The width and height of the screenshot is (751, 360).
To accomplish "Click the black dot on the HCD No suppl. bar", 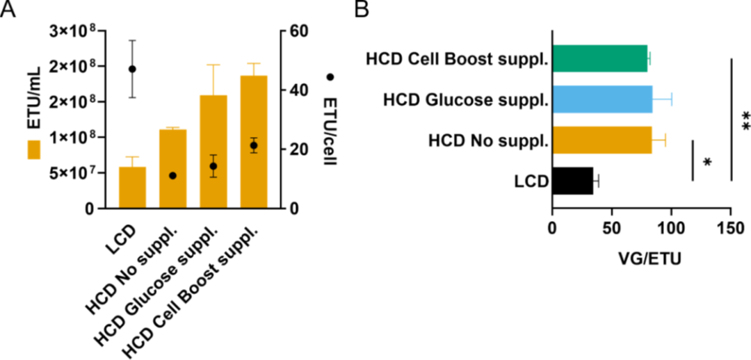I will pyautogui.click(x=172, y=176).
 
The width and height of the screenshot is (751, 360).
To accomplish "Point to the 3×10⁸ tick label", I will pyautogui.click(x=75, y=31).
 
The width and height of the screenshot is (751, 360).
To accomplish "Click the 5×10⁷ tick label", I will pyautogui.click(x=75, y=173).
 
